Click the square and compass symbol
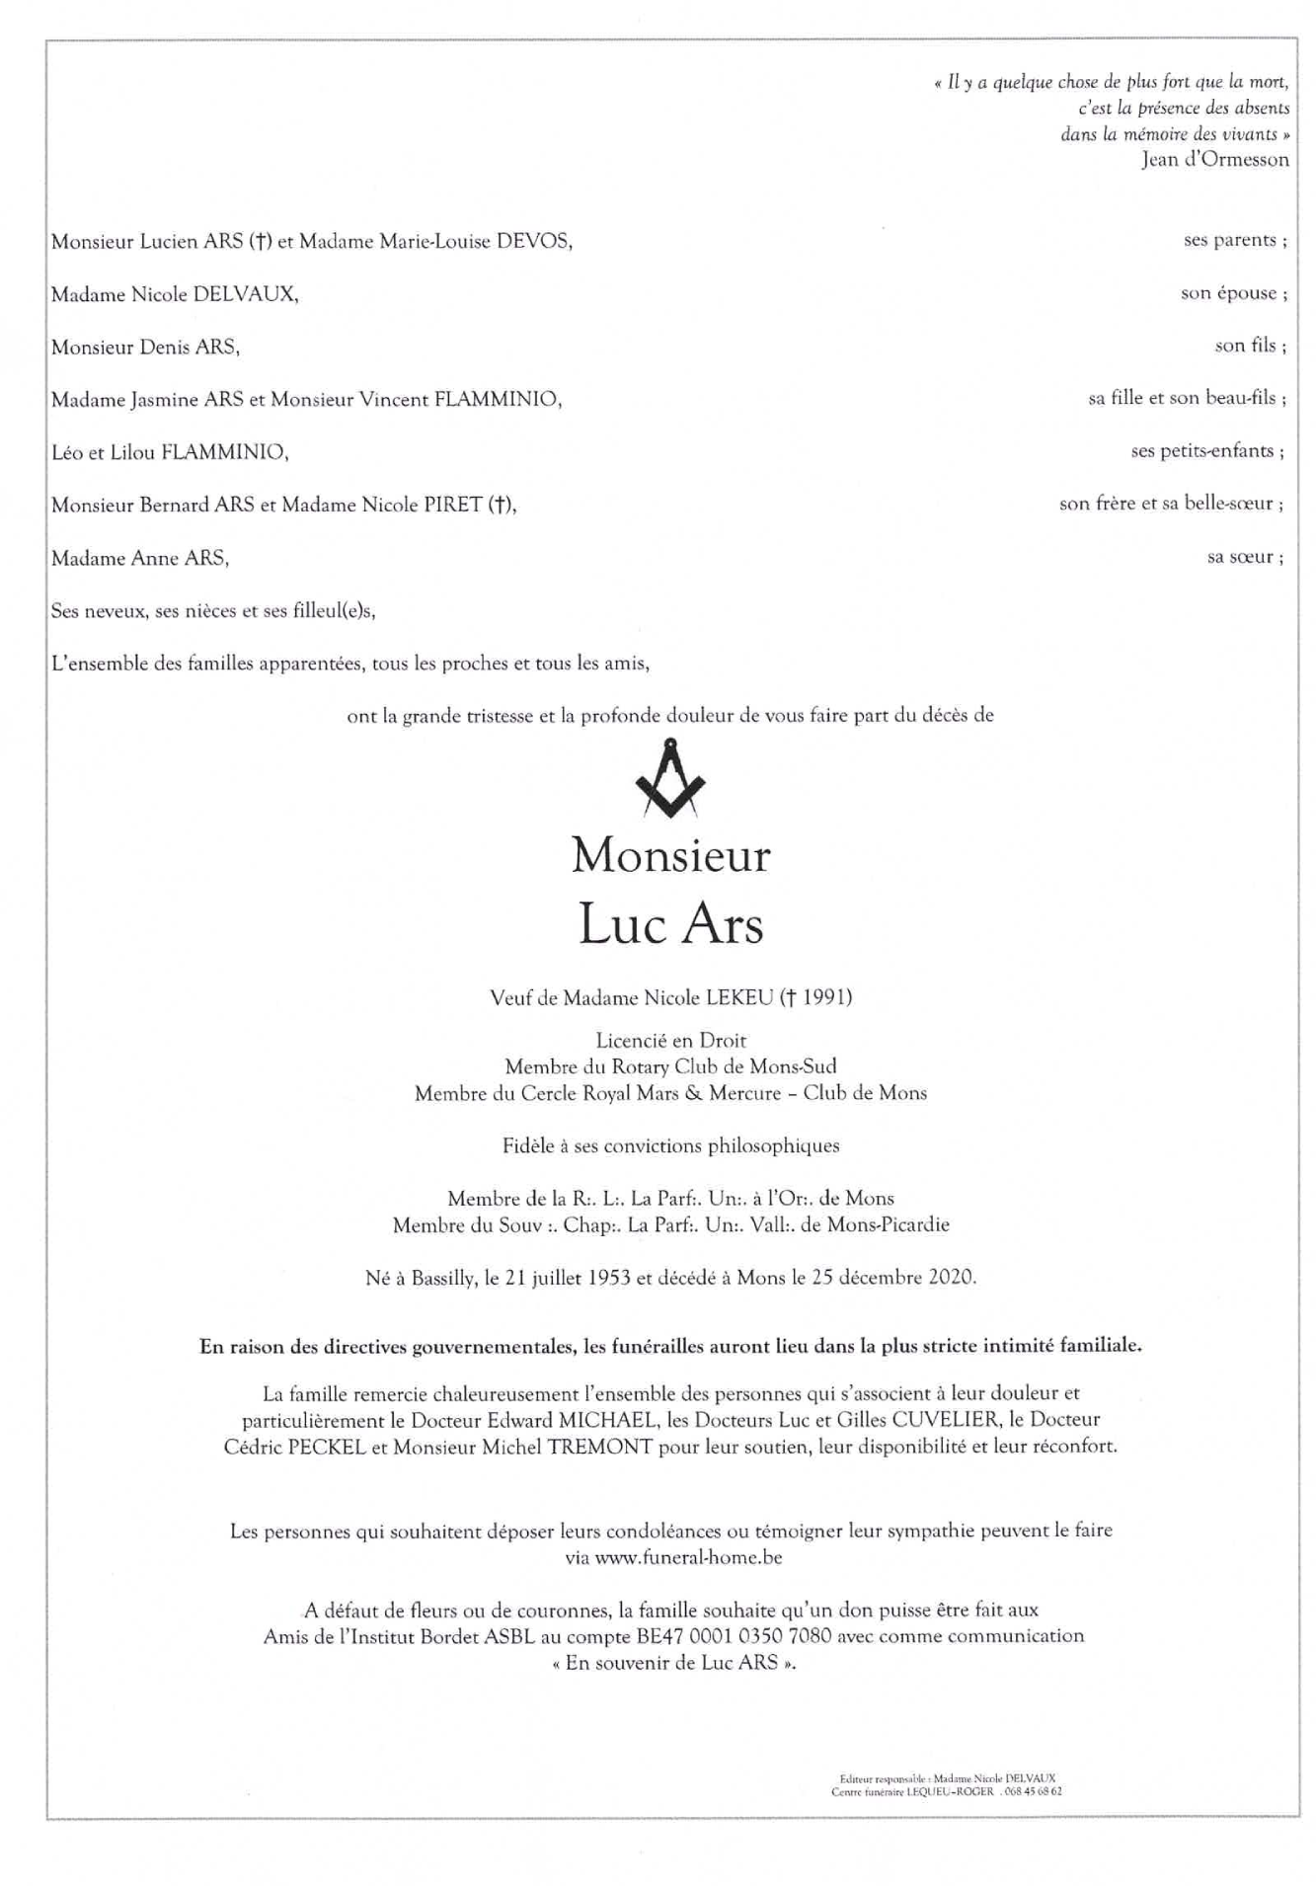click(670, 779)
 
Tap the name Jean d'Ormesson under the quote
click(1214, 160)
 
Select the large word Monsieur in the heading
click(670, 855)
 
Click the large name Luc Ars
click(670, 925)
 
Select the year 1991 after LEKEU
click(826, 997)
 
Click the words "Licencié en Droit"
click(670, 1041)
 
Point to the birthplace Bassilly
click(443, 1278)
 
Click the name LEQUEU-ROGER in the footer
click(950, 1791)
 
